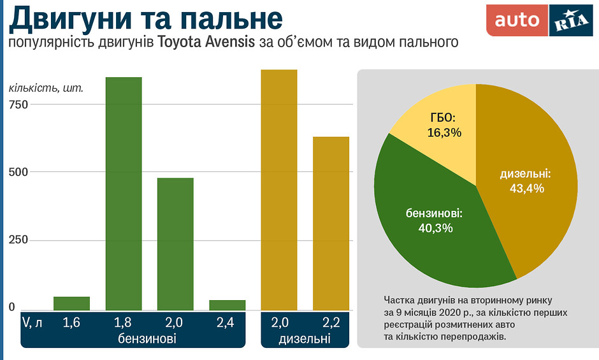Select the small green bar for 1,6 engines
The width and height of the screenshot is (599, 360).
pyautogui.click(x=71, y=303)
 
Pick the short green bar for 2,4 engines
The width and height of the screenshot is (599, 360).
pyautogui.click(x=227, y=305)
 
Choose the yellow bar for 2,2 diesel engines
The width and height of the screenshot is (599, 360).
pyautogui.click(x=331, y=223)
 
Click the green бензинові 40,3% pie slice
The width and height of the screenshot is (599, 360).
pyautogui.click(x=433, y=223)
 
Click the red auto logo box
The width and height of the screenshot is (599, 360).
pyautogui.click(x=517, y=20)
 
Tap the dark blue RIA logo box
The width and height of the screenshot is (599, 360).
pyautogui.click(x=570, y=20)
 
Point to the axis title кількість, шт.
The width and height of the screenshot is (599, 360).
pyautogui.click(x=46, y=87)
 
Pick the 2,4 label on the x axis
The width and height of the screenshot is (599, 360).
pyautogui.click(x=226, y=322)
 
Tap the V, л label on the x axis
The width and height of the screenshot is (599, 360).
pyautogui.click(x=32, y=322)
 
